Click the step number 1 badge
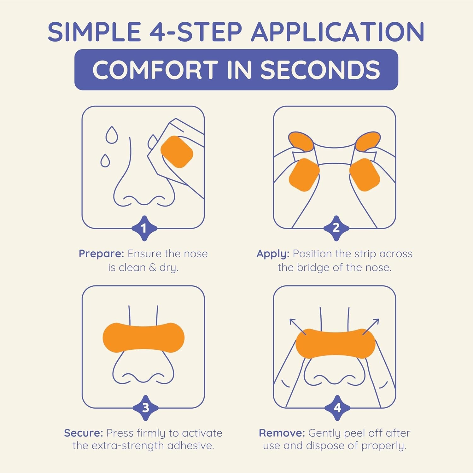[144, 228]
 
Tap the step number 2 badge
[336, 228]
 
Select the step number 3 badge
[145, 408]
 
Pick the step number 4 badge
[337, 408]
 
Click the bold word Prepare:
[101, 254]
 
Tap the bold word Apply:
[273, 254]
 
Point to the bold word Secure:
[84, 433]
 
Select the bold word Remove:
[282, 433]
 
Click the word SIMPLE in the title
[94, 32]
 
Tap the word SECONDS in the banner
[320, 70]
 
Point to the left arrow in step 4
[297, 326]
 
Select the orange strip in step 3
[143, 337]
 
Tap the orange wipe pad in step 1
[177, 152]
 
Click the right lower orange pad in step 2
[365, 175]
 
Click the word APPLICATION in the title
[337, 32]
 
